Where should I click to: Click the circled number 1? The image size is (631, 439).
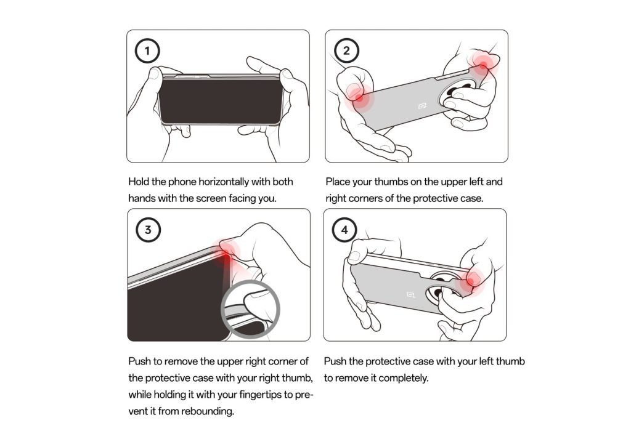coord(147,50)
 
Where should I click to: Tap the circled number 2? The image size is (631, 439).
coord(346,50)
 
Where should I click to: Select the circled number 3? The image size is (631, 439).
coord(148,230)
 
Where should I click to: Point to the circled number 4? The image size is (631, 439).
coord(344,230)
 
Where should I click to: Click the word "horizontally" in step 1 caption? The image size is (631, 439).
coord(224,182)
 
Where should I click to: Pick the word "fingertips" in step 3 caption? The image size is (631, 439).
coord(260,395)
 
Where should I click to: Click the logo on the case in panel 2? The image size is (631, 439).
coord(423,106)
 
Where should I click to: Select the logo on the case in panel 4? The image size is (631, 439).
coord(411,295)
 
